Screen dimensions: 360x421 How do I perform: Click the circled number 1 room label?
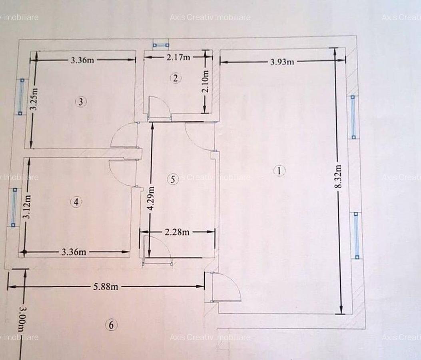pos(279,171)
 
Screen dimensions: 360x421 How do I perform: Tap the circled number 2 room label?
pos(175,78)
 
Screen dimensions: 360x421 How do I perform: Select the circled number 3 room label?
pos(81,102)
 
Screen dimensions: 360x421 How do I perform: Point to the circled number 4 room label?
pos(76,202)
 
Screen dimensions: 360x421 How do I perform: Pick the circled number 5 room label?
pos(173,179)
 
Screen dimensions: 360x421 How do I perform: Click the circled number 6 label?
pos(111,325)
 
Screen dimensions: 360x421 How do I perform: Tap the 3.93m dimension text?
pos(282,62)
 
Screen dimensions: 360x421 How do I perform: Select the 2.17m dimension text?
pos(178,57)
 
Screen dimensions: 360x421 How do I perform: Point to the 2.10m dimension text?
pos(206,81)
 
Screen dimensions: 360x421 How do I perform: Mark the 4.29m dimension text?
pos(150,199)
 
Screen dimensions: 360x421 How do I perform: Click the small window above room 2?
pos(161,45)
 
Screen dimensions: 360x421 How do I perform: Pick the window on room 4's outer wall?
pos(14,207)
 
